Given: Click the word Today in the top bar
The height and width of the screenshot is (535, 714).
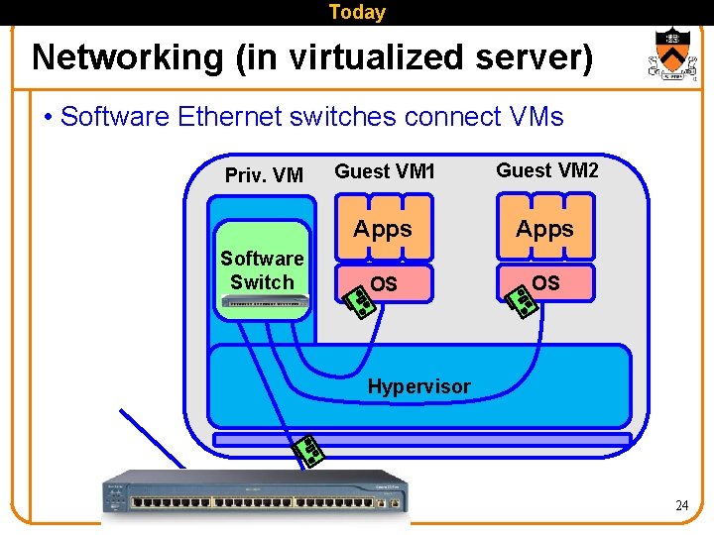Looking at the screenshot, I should pos(357,12).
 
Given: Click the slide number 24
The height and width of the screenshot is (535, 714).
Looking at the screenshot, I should pos(681,505).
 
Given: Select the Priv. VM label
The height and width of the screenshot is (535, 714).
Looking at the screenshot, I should pos(264,175).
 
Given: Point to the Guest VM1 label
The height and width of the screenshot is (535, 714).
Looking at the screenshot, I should pos(385,171).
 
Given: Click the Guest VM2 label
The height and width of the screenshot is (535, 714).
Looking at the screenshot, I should pos(547,170).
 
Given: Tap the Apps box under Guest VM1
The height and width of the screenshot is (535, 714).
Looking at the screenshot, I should pos(383,229).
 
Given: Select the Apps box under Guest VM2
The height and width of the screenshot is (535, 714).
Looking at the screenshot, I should pos(545,229).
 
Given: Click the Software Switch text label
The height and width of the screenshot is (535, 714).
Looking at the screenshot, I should pos(262,269).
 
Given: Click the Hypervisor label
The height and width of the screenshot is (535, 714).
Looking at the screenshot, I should pos(419,386).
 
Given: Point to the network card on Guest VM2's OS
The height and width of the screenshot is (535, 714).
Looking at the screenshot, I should pos(522,300).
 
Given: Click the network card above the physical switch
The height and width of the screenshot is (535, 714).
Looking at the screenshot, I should pos(308,452).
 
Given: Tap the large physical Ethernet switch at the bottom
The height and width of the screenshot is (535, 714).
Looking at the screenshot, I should pos(255,492).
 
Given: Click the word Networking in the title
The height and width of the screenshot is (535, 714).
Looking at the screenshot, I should pos(128,57).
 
